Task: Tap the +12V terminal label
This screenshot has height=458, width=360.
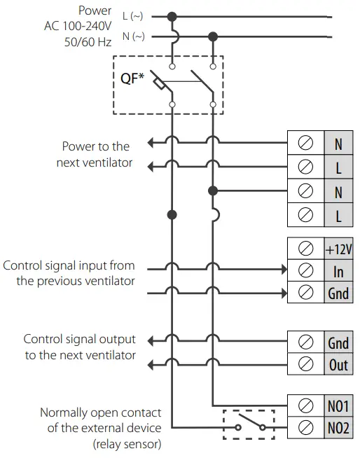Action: (338, 249)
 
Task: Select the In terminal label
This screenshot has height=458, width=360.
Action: (338, 271)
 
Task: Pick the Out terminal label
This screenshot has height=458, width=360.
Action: (338, 365)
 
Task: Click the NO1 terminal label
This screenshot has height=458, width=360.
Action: (338, 406)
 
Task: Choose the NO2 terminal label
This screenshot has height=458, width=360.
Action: (338, 428)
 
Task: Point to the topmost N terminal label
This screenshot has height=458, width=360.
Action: (338, 145)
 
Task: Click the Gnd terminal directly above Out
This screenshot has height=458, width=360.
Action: (338, 343)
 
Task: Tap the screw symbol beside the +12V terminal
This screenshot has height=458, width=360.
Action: (305, 249)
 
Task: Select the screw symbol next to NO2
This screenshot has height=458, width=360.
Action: (305, 428)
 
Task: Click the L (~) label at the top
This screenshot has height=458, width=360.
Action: (132, 15)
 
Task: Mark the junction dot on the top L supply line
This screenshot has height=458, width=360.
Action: (172, 15)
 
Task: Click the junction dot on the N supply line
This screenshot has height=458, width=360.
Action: (214, 36)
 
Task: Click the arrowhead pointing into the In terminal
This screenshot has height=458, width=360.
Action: (283, 268)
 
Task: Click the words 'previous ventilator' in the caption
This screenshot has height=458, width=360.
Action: (76, 282)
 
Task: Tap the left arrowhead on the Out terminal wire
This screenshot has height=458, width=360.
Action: (150, 362)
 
